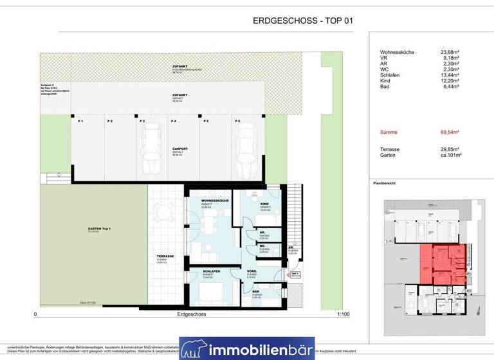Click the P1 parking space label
[x=80, y=121]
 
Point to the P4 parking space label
[x=173, y=121]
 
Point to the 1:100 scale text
[x=343, y=315]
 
